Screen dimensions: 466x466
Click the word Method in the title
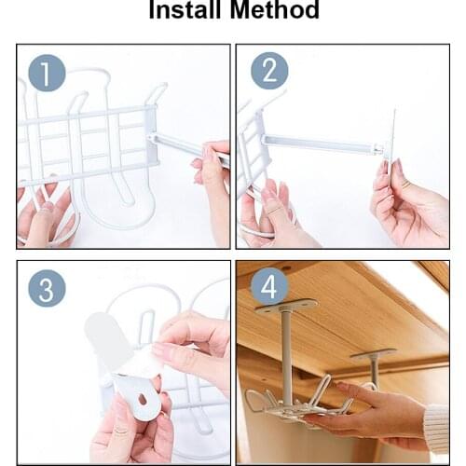pyautogui.click(x=276, y=11)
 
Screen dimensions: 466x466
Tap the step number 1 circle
pyautogui.click(x=46, y=73)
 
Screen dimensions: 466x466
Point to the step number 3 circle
pyautogui.click(x=46, y=288)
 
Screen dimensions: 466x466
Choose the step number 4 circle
pyautogui.click(x=268, y=288)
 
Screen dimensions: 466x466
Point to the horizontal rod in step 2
pyautogui.click(x=317, y=143)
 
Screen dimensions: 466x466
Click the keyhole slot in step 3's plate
pyautogui.click(x=141, y=399)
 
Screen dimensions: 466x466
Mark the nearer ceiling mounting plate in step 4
pyautogui.click(x=287, y=308)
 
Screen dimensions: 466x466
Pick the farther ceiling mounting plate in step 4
pyautogui.click(x=374, y=353)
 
